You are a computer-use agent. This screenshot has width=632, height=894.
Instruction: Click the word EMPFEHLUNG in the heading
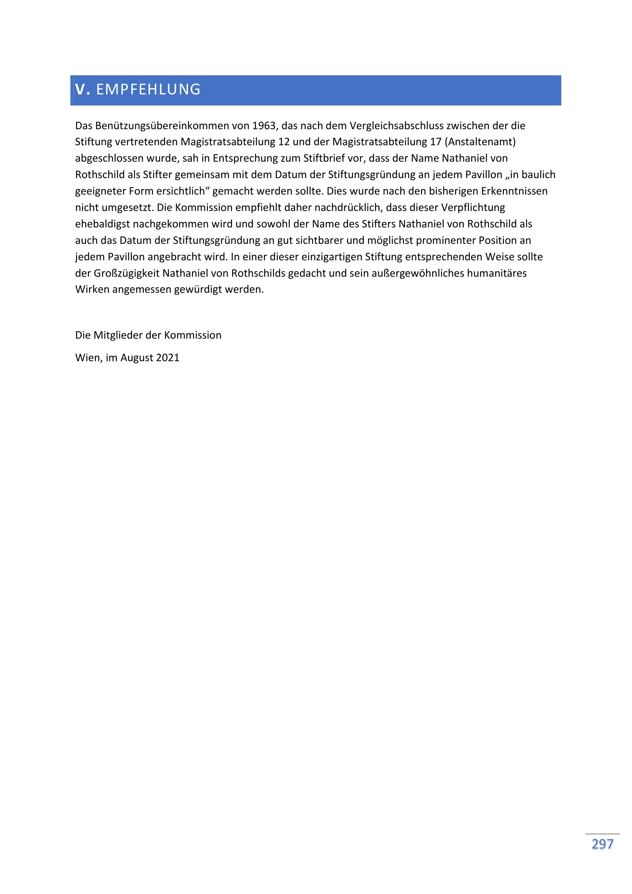148,89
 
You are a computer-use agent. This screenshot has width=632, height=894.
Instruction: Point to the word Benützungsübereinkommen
162,126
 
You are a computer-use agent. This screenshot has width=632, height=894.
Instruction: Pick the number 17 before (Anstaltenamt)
436,142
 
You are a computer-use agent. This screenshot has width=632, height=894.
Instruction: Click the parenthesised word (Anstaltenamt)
480,142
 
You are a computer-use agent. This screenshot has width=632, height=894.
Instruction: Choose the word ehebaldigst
102,224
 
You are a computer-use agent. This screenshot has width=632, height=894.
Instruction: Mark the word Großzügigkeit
126,273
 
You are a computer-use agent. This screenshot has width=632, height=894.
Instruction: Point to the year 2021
168,358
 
